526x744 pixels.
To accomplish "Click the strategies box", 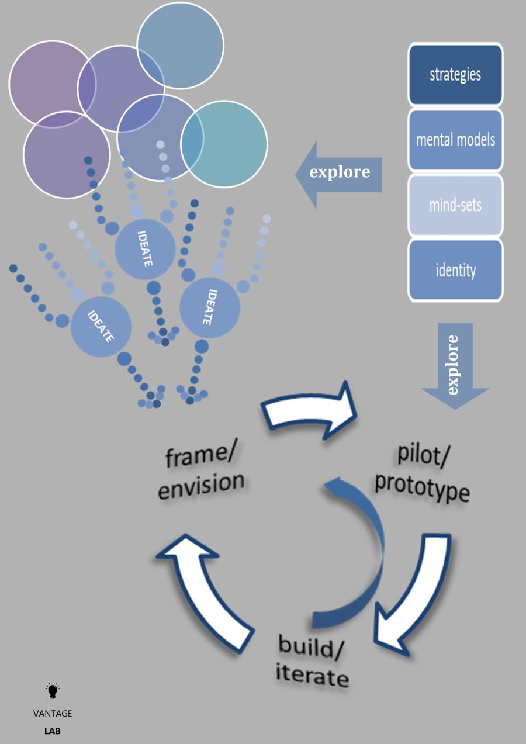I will point(455,74).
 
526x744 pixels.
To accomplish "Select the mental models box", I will point(455,140).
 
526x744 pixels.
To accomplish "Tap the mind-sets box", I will point(455,205).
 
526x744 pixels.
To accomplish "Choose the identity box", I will point(455,270).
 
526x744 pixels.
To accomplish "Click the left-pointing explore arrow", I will point(339,174).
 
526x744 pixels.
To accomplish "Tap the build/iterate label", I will point(313,660).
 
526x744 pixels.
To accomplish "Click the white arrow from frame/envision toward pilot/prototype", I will point(310,413).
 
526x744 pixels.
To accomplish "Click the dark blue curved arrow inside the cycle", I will point(362,555).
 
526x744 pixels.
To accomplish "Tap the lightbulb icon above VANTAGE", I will point(53,691).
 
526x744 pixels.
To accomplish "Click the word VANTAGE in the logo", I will point(53,714).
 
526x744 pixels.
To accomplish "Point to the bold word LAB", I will point(53,731).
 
